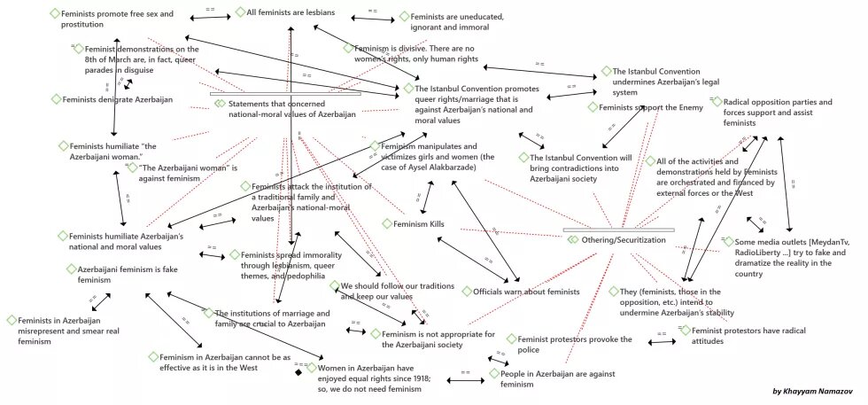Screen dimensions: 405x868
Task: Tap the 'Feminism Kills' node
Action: coord(418,224)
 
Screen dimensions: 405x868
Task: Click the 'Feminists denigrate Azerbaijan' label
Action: coord(117,99)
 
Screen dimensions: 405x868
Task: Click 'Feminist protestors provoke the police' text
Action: coord(569,345)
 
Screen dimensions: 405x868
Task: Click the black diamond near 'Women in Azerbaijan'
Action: coord(298,372)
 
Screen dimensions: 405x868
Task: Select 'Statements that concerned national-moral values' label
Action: coord(292,109)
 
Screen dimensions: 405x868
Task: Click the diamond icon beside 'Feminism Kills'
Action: coord(387,224)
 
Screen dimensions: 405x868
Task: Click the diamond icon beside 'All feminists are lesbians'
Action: coord(241,12)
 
